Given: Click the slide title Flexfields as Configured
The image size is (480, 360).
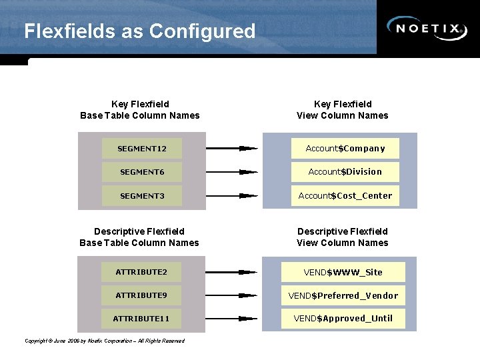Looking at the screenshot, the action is click(x=139, y=31).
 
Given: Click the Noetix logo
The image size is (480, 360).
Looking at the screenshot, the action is click(x=427, y=28).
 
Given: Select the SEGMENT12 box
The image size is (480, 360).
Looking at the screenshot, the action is click(x=141, y=149).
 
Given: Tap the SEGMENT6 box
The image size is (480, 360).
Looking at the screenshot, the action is click(x=141, y=172).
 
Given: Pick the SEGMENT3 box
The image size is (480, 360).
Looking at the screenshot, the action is click(x=141, y=196).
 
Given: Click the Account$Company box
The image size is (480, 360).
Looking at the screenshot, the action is click(x=345, y=148).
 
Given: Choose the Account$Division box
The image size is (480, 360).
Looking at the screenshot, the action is click(x=345, y=172).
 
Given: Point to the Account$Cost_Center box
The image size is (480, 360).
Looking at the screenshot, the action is click(x=345, y=196).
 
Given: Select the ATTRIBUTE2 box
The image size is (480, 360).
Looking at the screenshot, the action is click(x=141, y=272).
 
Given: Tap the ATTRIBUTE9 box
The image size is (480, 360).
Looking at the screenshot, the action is click(x=141, y=295).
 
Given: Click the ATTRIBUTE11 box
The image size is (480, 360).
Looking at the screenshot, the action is click(x=141, y=319).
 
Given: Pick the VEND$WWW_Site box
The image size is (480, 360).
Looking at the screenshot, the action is click(x=343, y=272).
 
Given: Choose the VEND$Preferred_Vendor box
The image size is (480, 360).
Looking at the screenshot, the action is click(x=343, y=295).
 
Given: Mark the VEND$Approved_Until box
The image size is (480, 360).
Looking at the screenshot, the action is click(x=343, y=319).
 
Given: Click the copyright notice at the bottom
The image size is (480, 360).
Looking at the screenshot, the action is click(x=105, y=341).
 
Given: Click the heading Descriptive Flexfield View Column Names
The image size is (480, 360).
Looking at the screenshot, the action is click(x=342, y=237).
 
